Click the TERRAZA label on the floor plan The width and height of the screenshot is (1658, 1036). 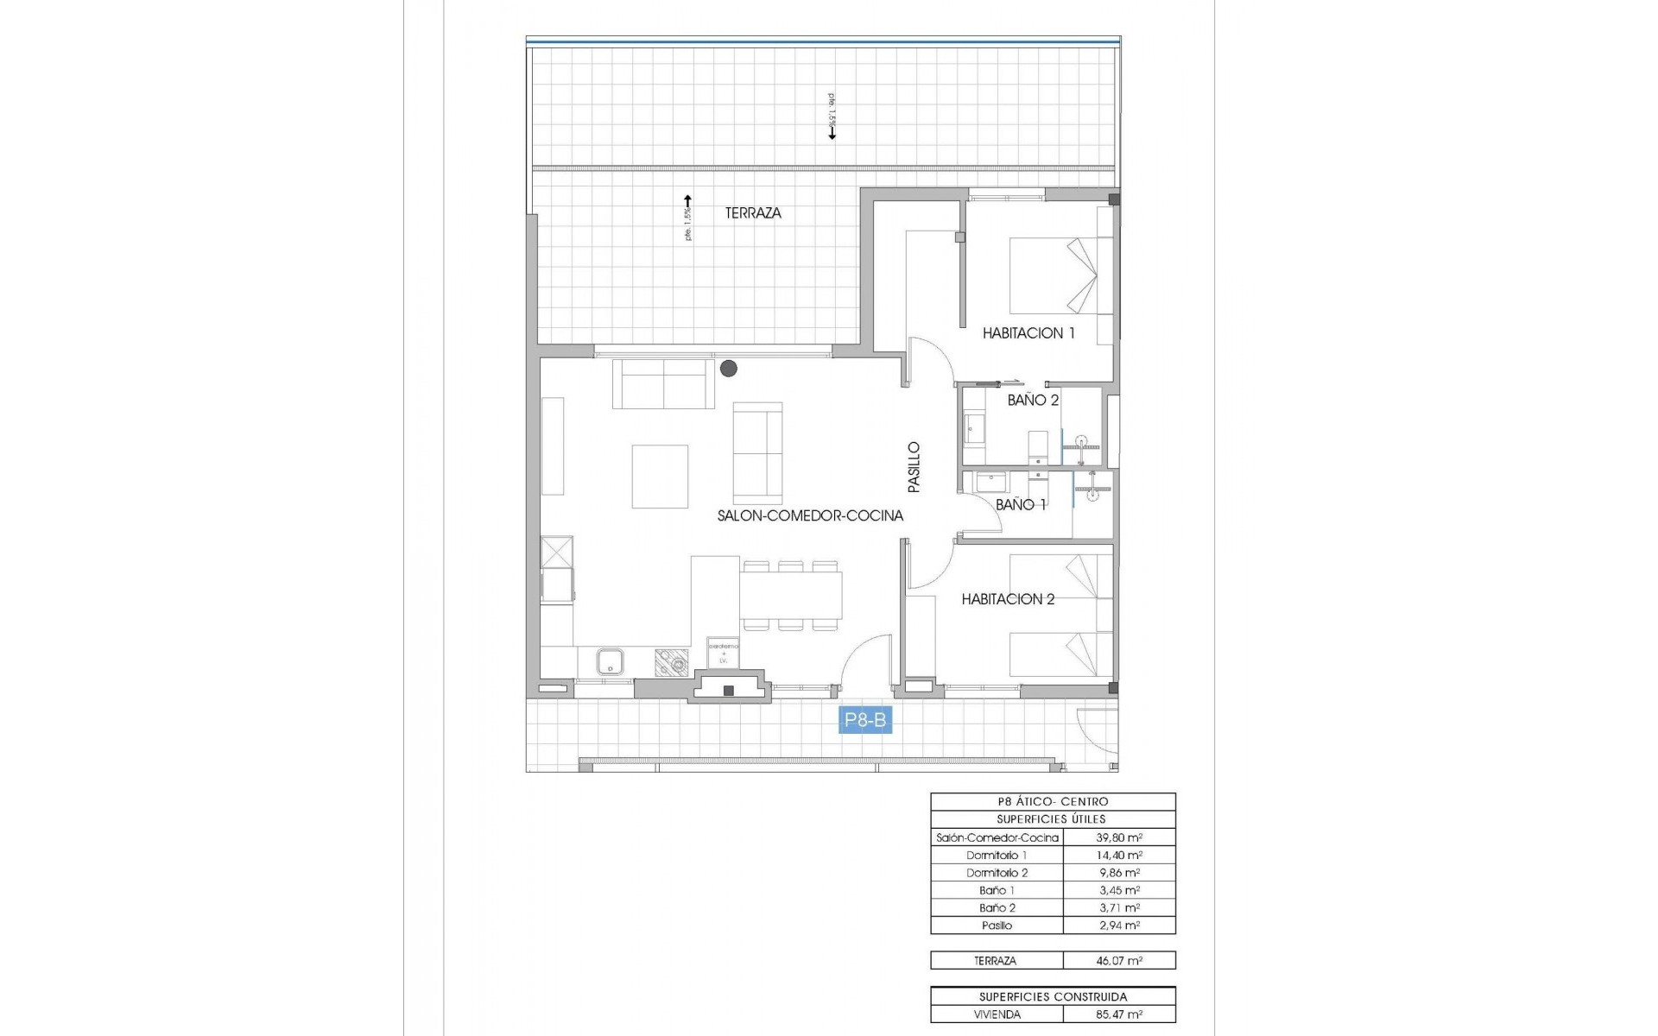(x=753, y=213)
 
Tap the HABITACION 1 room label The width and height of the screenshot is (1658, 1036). (x=1028, y=333)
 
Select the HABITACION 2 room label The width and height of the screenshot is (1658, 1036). (x=1008, y=599)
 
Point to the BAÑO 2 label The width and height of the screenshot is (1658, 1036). (x=1033, y=401)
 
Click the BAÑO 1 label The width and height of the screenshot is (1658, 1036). (x=1021, y=505)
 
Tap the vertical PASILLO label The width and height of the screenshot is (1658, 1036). (x=914, y=468)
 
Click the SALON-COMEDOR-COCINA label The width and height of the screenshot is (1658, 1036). (x=810, y=516)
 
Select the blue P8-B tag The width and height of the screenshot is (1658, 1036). (x=865, y=720)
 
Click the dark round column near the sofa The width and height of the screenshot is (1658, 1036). (x=729, y=369)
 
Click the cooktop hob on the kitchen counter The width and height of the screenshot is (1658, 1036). (x=671, y=662)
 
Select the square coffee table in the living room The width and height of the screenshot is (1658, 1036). (x=660, y=477)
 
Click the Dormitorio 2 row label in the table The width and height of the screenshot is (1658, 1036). (x=997, y=873)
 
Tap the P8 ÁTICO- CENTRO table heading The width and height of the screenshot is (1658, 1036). (x=1052, y=802)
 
